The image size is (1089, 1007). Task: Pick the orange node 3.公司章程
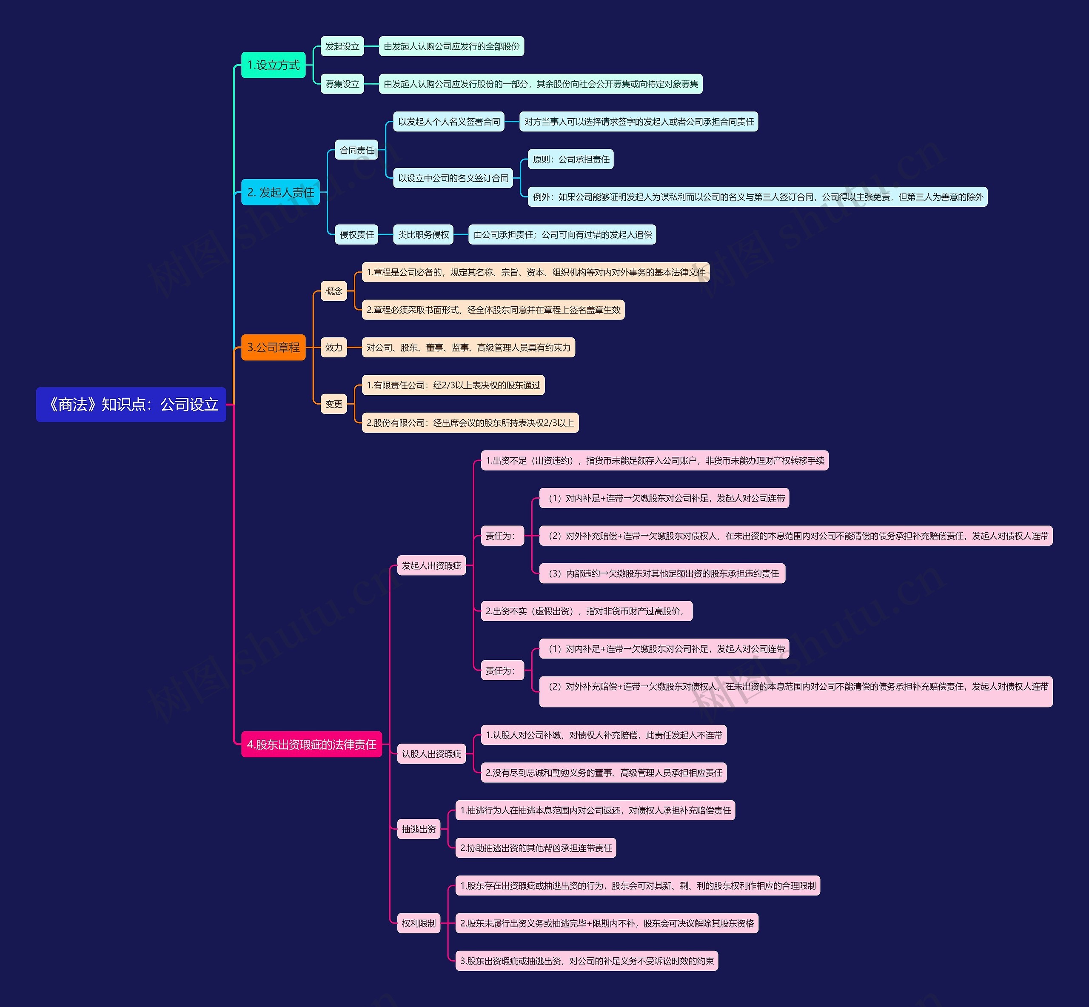273,348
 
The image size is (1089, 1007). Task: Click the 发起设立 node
342,46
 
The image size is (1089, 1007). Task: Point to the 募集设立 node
342,84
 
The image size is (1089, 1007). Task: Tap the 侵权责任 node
357,235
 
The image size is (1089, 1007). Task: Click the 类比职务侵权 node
423,235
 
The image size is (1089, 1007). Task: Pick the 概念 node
334,291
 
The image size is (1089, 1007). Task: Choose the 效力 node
334,348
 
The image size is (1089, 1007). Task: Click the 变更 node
334,404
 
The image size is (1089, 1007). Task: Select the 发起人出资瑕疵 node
431,566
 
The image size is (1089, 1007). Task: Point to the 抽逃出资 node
419,829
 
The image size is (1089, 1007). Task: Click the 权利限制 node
419,924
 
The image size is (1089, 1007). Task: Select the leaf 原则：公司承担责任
570,160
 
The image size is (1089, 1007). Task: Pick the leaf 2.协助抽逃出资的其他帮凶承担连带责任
536,848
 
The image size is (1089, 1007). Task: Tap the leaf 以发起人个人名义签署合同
449,122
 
